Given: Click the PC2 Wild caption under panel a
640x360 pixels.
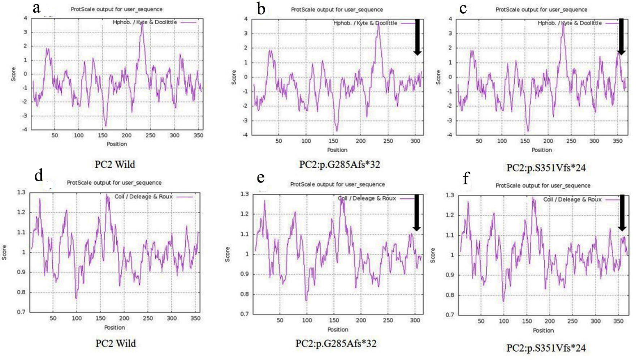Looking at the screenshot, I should click(x=115, y=164).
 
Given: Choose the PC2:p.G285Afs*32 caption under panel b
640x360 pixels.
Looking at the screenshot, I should click(x=340, y=164).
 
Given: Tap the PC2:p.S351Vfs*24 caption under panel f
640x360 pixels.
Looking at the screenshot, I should click(x=546, y=348).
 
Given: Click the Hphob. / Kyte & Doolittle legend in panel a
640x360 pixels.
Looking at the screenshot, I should click(x=145, y=22).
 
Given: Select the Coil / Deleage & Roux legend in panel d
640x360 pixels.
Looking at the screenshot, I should click(x=144, y=197).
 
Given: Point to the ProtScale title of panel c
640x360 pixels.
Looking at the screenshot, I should click(x=541, y=9).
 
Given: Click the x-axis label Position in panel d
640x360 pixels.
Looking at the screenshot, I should click(x=114, y=327).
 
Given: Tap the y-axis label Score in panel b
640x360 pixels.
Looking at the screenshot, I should click(x=234, y=77).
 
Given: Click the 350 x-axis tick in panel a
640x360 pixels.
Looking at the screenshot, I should click(x=198, y=135).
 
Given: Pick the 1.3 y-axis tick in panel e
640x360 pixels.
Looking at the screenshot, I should click(x=245, y=194).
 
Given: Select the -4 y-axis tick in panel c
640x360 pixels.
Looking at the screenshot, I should click(x=450, y=135).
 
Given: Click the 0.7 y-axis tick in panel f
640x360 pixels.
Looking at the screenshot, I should click(x=450, y=315).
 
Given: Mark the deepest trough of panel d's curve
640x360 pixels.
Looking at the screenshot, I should click(x=76, y=298).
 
